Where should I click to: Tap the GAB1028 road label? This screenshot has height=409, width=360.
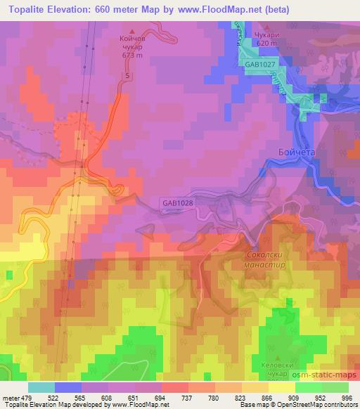pos(177,202)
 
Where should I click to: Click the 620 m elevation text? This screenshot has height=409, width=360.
pos(267,43)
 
